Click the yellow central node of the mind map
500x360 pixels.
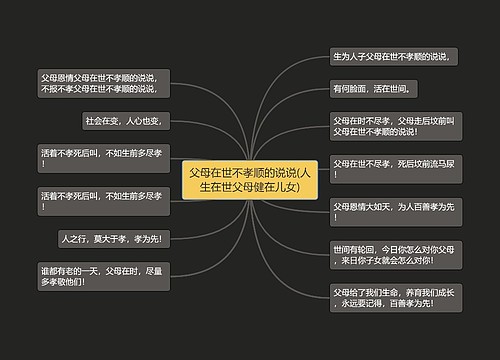tap(250, 179)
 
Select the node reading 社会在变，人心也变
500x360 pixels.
tap(130, 120)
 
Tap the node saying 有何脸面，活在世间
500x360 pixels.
tap(370, 89)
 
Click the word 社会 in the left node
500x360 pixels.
tap(97, 120)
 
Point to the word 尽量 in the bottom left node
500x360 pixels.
tap(158, 269)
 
